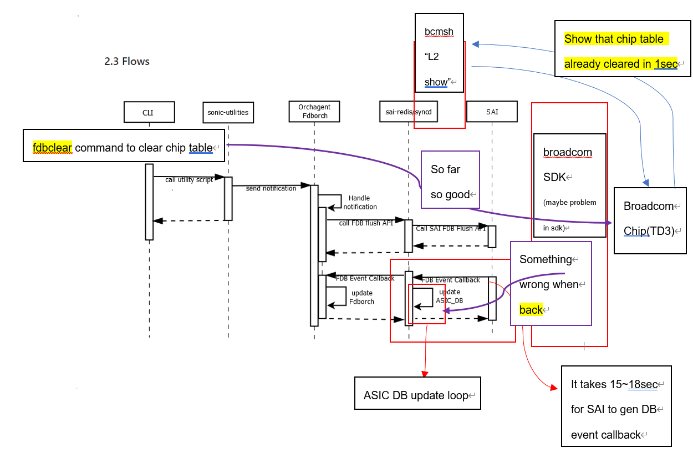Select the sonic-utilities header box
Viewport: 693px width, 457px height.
point(228,112)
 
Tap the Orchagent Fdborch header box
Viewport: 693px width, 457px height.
point(314,111)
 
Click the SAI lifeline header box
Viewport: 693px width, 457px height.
point(492,112)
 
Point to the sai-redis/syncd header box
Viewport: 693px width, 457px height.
point(408,112)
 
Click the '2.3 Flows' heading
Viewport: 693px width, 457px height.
point(127,61)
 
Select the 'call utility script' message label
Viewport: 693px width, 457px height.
point(188,180)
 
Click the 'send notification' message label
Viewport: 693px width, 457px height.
point(271,189)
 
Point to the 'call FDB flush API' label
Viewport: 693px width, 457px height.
point(366,223)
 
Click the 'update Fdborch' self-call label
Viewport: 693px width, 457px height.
point(361,297)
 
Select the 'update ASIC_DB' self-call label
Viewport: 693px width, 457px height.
point(449,296)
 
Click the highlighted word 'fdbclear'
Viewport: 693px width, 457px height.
point(52,148)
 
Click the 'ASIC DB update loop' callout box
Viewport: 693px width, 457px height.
point(417,393)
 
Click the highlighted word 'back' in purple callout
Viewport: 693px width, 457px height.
point(531,310)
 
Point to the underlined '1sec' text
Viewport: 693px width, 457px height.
point(665,64)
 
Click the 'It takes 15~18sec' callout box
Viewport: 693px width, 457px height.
point(616,409)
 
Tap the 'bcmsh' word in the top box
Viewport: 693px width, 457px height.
point(439,32)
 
